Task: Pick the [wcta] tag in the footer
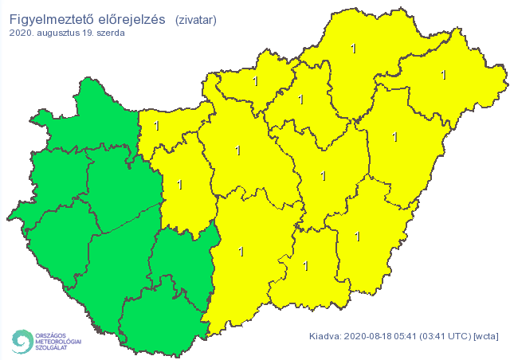[x=486, y=336]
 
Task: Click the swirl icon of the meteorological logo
[x=20, y=340]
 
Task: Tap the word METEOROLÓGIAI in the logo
[x=57, y=340]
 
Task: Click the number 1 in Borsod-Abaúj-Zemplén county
[x=354, y=49]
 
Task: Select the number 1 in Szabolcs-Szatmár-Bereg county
[x=443, y=76]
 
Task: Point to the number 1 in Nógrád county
[x=256, y=81]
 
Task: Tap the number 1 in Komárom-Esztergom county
[x=156, y=126]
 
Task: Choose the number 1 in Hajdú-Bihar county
[x=395, y=137]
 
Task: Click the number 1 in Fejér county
[x=179, y=185]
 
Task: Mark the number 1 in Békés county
[x=357, y=236]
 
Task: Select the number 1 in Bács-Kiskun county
[x=241, y=252]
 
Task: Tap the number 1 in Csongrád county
[x=306, y=265]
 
